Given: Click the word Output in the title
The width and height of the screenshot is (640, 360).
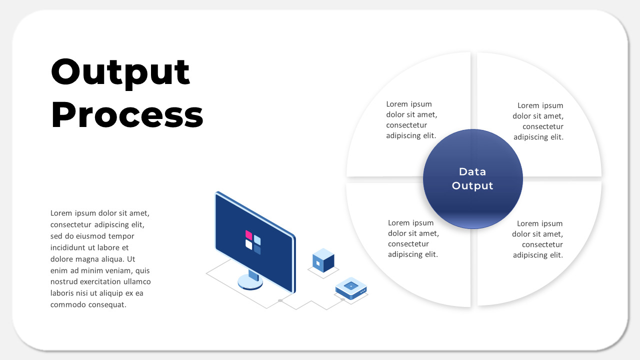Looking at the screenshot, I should coord(120,72).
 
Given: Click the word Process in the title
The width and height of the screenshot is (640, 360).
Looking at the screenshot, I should coord(127,115).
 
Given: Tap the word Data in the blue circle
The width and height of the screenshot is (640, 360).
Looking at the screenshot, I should coord(472,172).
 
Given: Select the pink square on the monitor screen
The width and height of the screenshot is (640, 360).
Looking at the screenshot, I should coord(248,234).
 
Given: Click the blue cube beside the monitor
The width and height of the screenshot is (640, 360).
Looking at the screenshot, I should coord(323,260).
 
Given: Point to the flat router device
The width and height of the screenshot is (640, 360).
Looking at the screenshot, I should coord(351,289).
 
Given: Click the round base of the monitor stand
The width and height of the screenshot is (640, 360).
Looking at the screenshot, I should coord(250,282).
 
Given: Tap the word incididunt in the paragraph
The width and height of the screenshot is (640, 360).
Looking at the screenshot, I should coord(71,247).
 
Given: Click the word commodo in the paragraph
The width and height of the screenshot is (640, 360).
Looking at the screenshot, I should coord(67,305).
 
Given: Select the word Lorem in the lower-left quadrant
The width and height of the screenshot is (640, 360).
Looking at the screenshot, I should coord(399,222).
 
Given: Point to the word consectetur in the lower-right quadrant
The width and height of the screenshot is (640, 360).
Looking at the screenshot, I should coord(542,244).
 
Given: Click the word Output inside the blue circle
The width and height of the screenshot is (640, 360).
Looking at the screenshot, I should coord(472,186).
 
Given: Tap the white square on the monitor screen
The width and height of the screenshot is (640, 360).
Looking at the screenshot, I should coord(248,244).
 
